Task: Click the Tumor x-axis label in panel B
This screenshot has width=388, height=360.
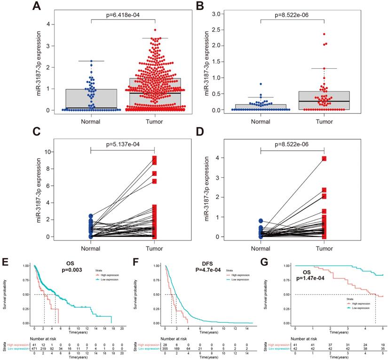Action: tap(324, 121)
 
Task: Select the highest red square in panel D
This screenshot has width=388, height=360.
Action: tap(324, 159)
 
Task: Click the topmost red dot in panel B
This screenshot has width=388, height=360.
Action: tap(324, 34)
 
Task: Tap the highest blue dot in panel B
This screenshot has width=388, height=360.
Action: tap(260, 84)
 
